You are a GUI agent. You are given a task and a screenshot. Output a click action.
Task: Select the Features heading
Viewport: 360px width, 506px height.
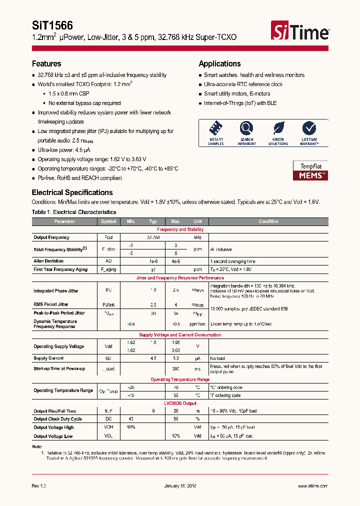tap(46, 63)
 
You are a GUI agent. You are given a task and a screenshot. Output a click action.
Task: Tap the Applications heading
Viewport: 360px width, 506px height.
tap(219, 63)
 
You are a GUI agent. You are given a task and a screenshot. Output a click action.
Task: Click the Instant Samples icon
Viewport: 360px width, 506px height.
tap(216, 129)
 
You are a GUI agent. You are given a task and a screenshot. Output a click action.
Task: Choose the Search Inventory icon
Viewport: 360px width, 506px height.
tap(246, 129)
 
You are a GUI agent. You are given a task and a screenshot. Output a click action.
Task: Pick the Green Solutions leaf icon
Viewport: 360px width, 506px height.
tap(278, 129)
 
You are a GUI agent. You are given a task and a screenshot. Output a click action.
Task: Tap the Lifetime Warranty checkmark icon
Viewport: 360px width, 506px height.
tap(309, 129)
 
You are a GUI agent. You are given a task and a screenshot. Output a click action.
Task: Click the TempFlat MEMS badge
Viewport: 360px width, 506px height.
tap(310, 171)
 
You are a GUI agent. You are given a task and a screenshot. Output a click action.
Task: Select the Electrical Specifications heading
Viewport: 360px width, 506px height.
tap(72, 192)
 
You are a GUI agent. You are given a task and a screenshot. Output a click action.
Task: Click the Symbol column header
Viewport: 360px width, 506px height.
tap(108, 221)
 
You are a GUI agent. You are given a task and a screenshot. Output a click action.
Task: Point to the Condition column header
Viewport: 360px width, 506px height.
tap(268, 221)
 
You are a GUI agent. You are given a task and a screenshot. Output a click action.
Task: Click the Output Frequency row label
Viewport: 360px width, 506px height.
tap(51, 237)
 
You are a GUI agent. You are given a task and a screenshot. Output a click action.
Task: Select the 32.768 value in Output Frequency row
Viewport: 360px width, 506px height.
tap(153, 237)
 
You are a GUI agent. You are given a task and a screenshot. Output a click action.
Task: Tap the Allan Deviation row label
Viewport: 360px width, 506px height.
tap(48, 261)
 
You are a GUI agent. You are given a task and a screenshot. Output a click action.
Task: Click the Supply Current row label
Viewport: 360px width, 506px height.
tap(48, 358)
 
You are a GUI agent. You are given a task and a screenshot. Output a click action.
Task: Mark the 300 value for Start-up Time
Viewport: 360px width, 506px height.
tap(176, 368)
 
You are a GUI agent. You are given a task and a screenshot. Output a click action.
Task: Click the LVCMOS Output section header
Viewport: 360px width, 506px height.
tap(180, 403)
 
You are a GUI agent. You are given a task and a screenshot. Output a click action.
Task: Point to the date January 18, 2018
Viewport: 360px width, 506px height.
tap(180, 486)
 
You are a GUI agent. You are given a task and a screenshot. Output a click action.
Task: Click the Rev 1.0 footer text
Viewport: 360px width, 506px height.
tap(39, 486)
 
